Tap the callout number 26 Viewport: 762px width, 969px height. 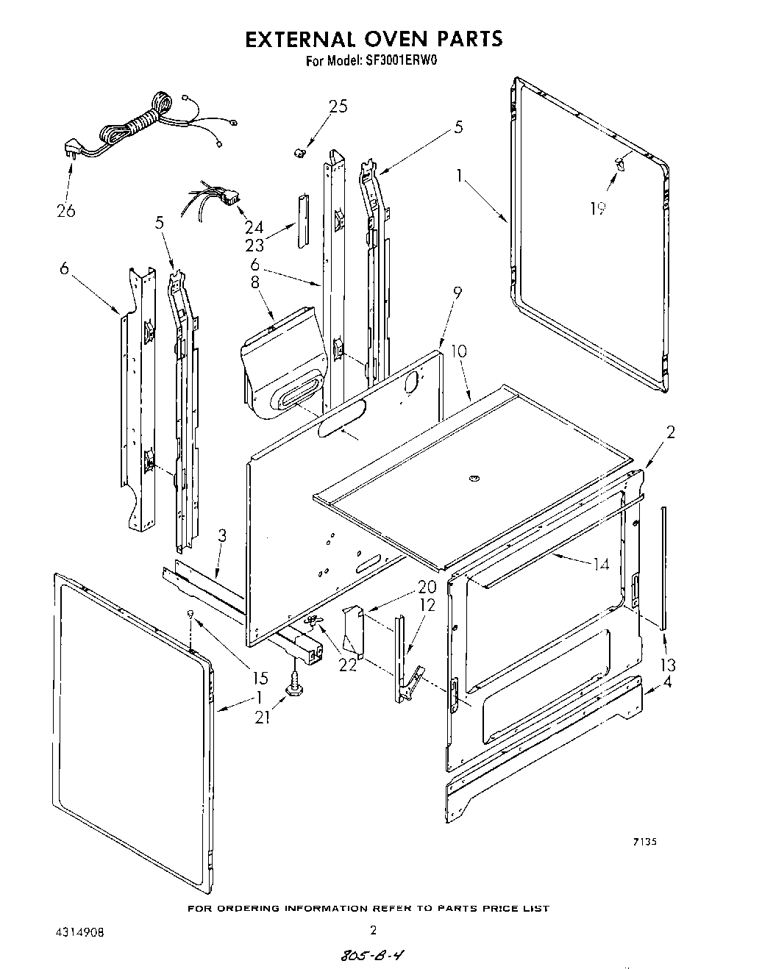click(x=66, y=212)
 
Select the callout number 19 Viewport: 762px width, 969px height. click(x=598, y=209)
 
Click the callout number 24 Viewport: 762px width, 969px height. click(x=254, y=228)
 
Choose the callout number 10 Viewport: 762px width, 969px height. click(x=459, y=351)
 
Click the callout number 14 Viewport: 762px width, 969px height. click(x=622, y=565)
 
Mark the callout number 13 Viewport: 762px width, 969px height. click(x=667, y=665)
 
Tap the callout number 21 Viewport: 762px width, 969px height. click(x=263, y=717)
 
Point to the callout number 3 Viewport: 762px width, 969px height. click(x=223, y=537)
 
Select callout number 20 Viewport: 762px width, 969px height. click(x=406, y=587)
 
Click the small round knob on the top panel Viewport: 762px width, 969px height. click(x=472, y=479)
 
